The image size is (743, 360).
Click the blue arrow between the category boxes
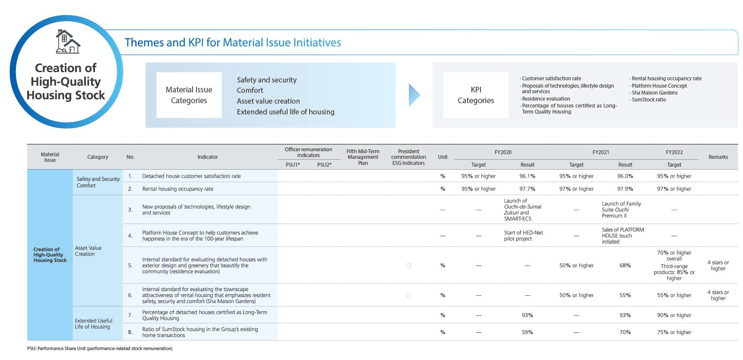pyautogui.click(x=414, y=95)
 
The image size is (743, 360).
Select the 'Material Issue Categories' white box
pyautogui.click(x=189, y=95)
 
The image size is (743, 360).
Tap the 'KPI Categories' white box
pyautogui.click(x=475, y=95)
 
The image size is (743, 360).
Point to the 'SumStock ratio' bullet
pyautogui.click(x=648, y=100)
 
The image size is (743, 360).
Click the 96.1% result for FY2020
pyautogui.click(x=527, y=176)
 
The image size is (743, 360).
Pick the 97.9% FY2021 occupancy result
pyautogui.click(x=625, y=189)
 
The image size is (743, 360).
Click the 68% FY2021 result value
pyautogui.click(x=625, y=265)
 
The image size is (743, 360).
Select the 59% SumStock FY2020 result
pyautogui.click(x=527, y=332)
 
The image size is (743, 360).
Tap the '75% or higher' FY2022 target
pyautogui.click(x=674, y=332)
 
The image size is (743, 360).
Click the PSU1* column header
pyautogui.click(x=293, y=164)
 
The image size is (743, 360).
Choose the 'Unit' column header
pyautogui.click(x=443, y=157)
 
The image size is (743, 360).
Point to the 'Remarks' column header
pyautogui.click(x=718, y=157)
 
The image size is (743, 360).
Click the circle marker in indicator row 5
pyautogui.click(x=408, y=265)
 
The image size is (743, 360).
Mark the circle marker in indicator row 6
pyautogui.click(x=408, y=295)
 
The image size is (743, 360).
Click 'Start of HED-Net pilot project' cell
pyautogui.click(x=523, y=236)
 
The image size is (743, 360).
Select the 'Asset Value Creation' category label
pyautogui.click(x=88, y=251)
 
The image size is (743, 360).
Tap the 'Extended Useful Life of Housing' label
pyautogui.click(x=93, y=324)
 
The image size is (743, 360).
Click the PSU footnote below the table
pyautogui.click(x=100, y=348)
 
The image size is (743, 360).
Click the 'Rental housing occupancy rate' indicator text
pyautogui.click(x=177, y=189)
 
